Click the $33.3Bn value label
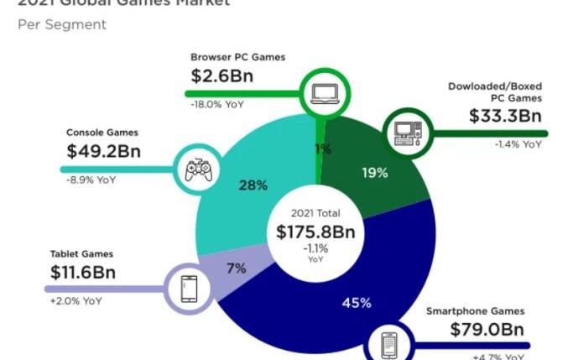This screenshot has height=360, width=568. click(x=506, y=116)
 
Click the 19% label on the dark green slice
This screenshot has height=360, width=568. click(x=375, y=173)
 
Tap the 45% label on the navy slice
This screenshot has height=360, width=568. click(x=356, y=302)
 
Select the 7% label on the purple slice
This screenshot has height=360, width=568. click(x=237, y=269)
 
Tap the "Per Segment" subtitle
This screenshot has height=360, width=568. click(x=62, y=24)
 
